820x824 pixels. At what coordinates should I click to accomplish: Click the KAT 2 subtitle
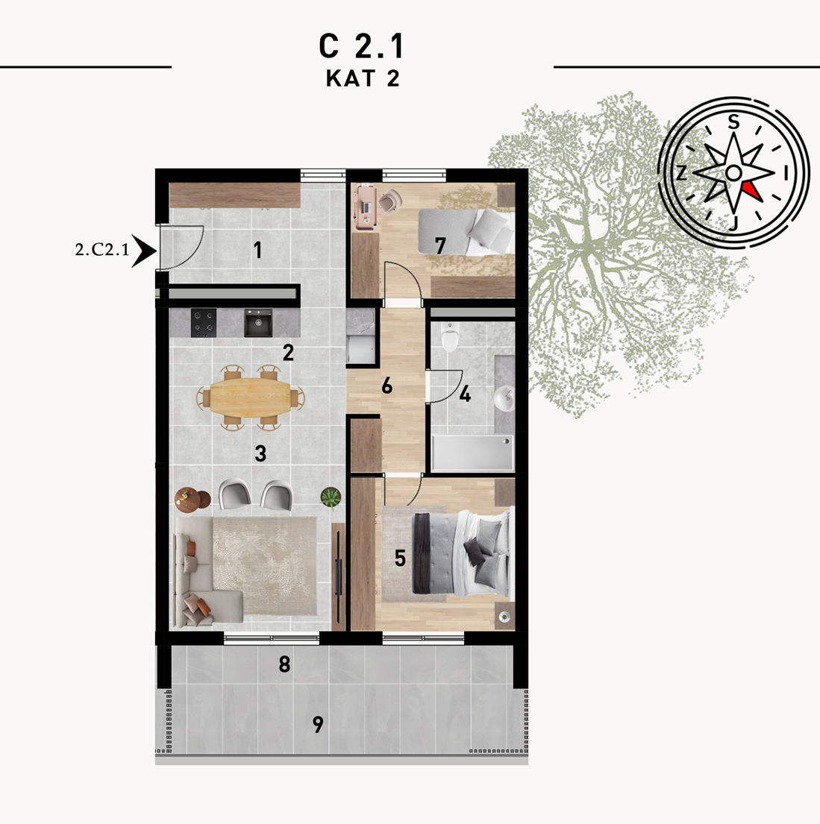pyautogui.click(x=363, y=78)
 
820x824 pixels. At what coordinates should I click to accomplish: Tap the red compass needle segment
pyautogui.click(x=752, y=190)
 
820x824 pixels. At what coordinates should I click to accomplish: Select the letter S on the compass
pyautogui.click(x=733, y=122)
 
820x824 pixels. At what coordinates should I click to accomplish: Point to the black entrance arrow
pyautogui.click(x=143, y=251)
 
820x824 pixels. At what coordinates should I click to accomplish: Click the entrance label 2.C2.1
pyautogui.click(x=102, y=250)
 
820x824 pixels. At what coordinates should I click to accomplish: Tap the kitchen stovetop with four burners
pyautogui.click(x=204, y=323)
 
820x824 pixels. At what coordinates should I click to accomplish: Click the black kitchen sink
pyautogui.click(x=258, y=323)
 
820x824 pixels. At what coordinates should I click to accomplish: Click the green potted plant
pyautogui.click(x=331, y=497)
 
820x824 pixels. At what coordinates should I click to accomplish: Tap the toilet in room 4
pyautogui.click(x=450, y=337)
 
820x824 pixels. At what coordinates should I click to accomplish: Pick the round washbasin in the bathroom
pyautogui.click(x=505, y=400)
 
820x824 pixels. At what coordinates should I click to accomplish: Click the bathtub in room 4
pyautogui.click(x=472, y=453)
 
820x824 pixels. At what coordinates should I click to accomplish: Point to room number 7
pyautogui.click(x=440, y=245)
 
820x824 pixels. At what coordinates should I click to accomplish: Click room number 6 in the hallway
pyautogui.click(x=387, y=386)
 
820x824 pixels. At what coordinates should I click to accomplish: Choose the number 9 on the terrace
pyautogui.click(x=318, y=724)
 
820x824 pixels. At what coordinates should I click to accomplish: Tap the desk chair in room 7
pyautogui.click(x=389, y=200)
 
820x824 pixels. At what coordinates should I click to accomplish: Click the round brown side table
pyautogui.click(x=193, y=500)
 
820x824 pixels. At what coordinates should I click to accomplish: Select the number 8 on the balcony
pyautogui.click(x=284, y=664)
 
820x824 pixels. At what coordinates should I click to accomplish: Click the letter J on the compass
pyautogui.click(x=733, y=224)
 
